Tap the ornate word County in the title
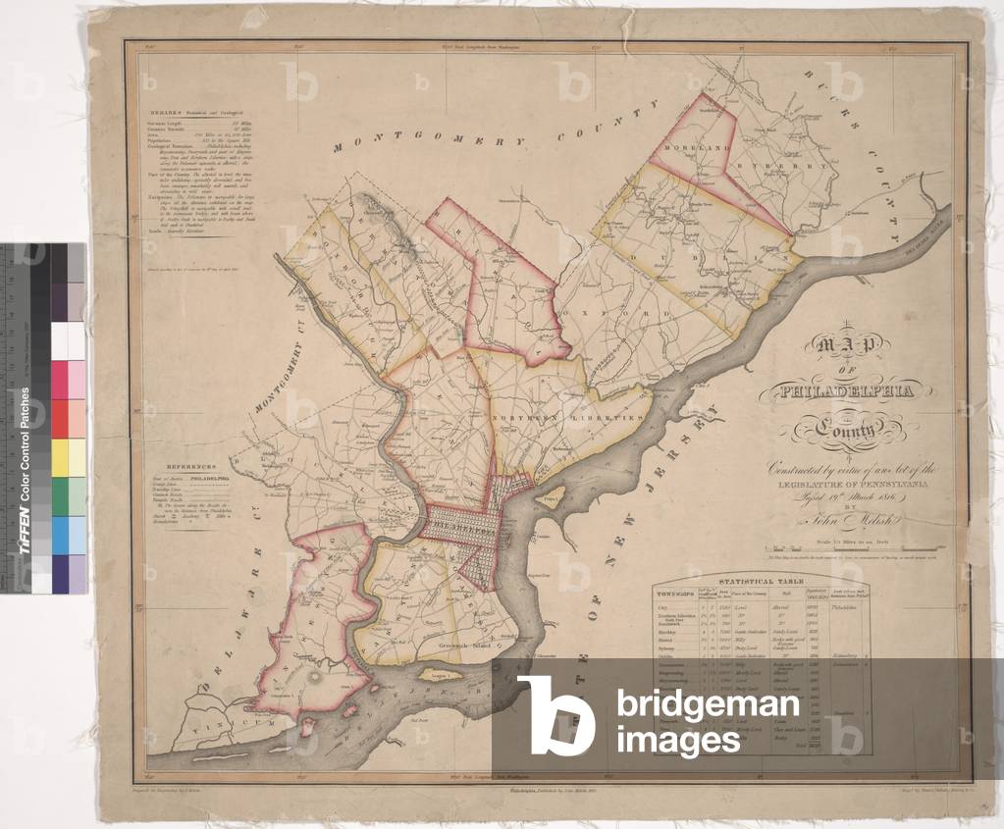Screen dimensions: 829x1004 click(x=846, y=429)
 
